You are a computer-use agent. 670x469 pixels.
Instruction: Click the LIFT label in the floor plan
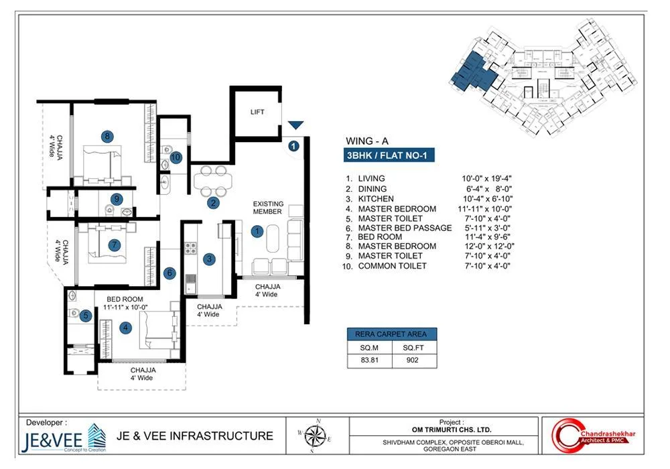pyautogui.click(x=257, y=112)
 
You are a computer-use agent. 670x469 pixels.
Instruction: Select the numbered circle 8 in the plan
pyautogui.click(x=107, y=136)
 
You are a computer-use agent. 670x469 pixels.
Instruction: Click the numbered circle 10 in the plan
pyautogui.click(x=176, y=157)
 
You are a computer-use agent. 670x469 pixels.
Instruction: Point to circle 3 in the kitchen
pyautogui.click(x=210, y=259)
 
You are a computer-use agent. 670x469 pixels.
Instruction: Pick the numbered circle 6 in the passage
pyautogui.click(x=170, y=273)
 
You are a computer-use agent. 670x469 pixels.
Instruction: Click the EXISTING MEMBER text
pyautogui.click(x=268, y=208)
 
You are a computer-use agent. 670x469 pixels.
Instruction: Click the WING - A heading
pyautogui.click(x=366, y=141)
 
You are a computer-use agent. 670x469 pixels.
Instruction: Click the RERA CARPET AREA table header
pyautogui.click(x=392, y=334)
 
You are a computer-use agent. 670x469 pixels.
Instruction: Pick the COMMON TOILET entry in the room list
pyautogui.click(x=391, y=266)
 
